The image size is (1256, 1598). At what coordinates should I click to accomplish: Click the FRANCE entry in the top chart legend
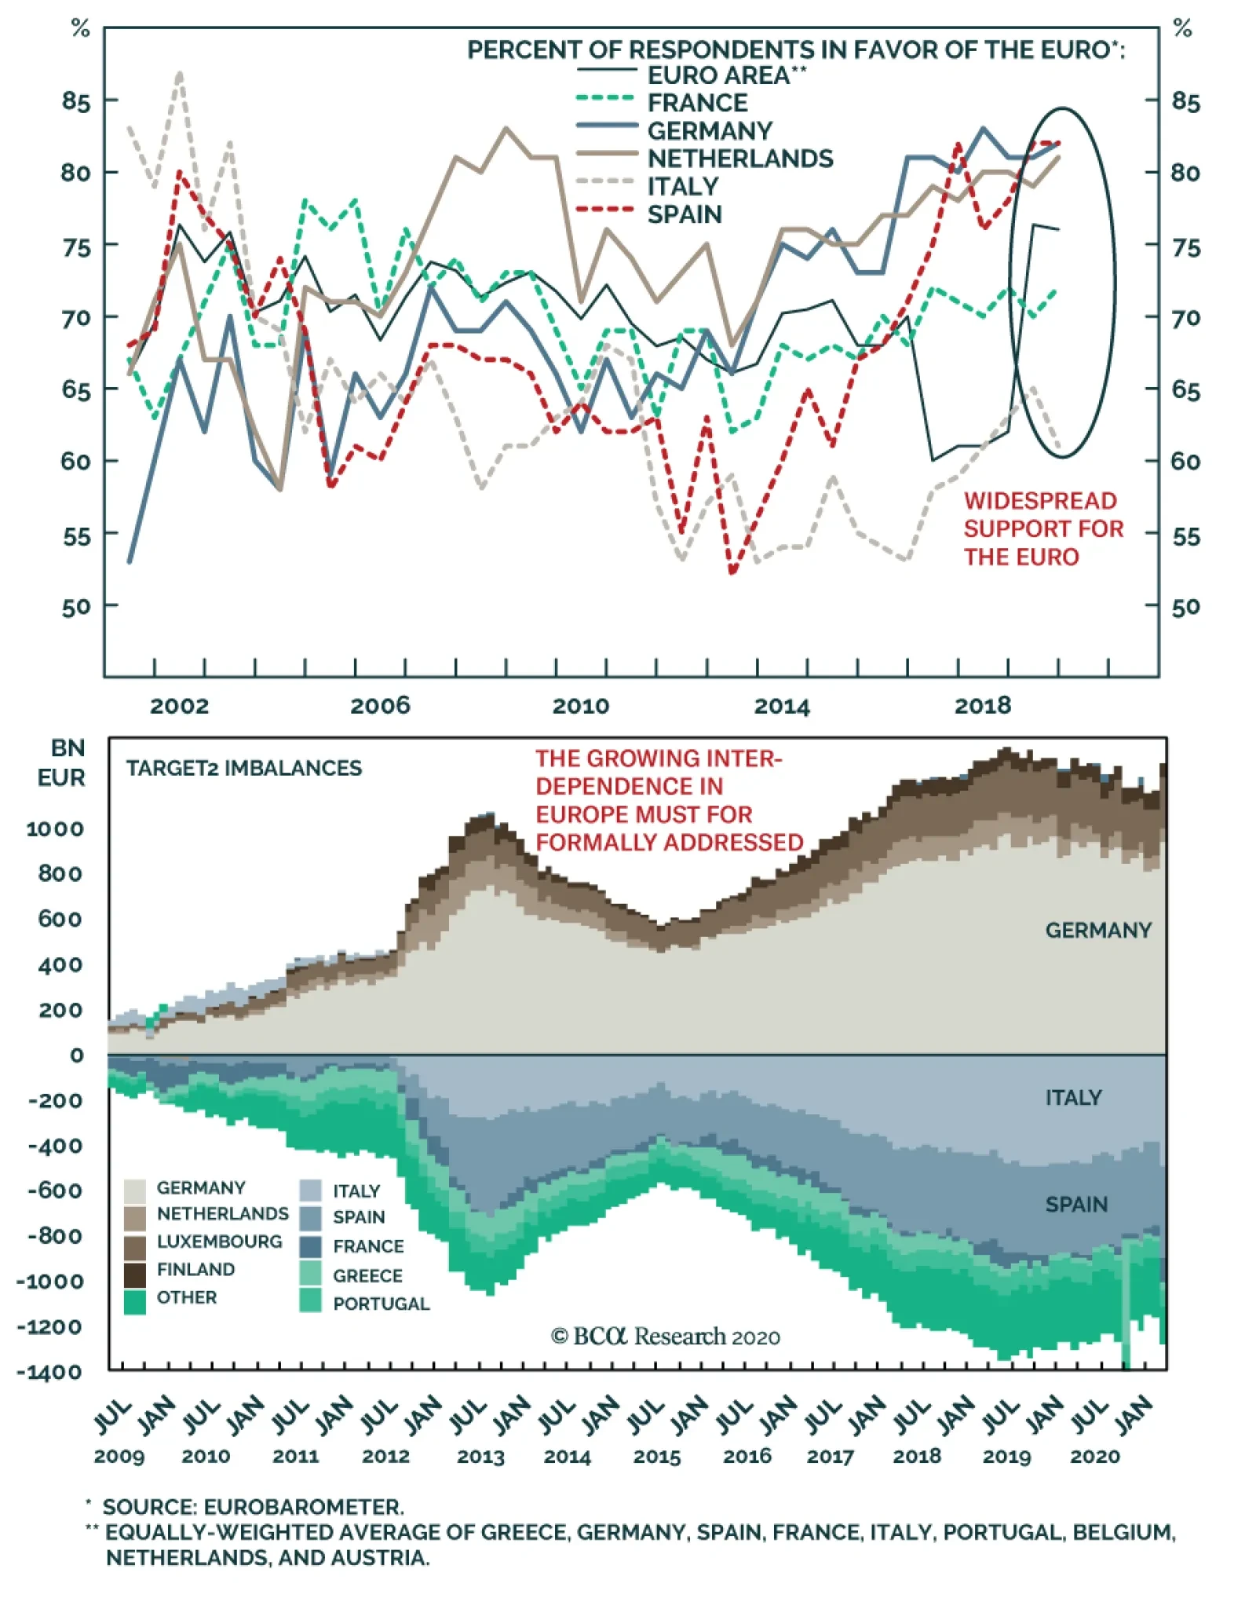(x=696, y=103)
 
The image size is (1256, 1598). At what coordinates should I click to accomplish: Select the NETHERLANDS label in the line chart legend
(x=739, y=159)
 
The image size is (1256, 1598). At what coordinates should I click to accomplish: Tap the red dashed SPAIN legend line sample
(x=604, y=210)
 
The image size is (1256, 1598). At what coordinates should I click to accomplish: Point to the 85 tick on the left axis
(x=76, y=101)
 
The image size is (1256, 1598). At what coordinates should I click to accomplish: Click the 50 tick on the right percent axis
(x=1185, y=606)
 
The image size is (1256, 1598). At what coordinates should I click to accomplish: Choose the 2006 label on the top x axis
(x=380, y=705)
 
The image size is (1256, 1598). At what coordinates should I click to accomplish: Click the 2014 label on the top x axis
(x=782, y=707)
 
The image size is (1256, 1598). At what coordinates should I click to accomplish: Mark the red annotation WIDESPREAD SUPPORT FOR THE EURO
(x=1042, y=528)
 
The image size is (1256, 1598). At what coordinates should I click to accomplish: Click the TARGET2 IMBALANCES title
(x=243, y=768)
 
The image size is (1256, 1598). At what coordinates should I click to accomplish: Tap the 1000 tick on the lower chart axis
(x=55, y=829)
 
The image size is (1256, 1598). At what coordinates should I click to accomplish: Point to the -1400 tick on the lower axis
(x=49, y=1372)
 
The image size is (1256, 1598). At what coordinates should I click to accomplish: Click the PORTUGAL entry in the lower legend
(x=381, y=1304)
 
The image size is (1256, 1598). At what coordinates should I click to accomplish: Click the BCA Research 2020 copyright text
(x=665, y=1337)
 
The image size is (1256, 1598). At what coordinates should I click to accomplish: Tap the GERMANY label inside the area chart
(x=1097, y=931)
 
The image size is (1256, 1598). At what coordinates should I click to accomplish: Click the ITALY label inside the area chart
(x=1073, y=1098)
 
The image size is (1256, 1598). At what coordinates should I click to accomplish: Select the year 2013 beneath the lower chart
(x=480, y=1457)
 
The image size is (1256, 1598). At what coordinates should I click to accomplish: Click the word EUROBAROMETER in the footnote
(x=304, y=1507)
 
